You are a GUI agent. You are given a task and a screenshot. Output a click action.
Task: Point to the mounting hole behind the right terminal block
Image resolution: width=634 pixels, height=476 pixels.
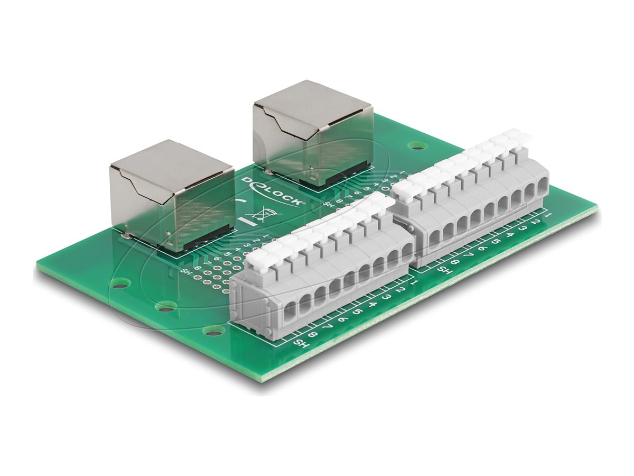(x=418, y=144)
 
